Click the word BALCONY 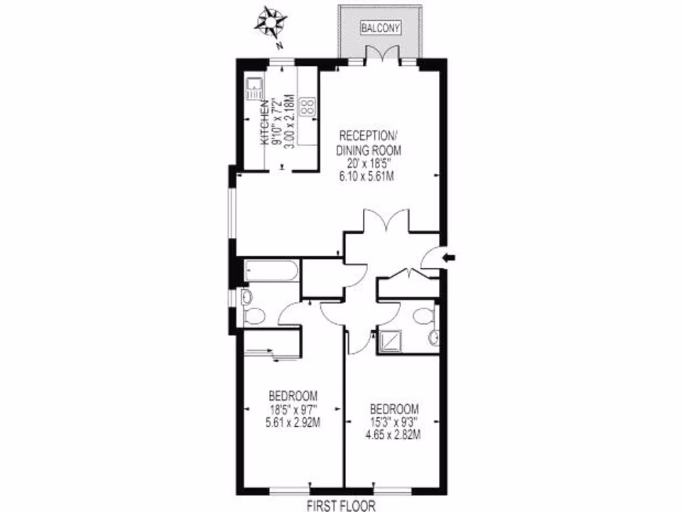coord(380,28)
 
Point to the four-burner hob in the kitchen coord(308,107)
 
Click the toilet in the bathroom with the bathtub coord(254,315)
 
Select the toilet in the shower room coord(421,316)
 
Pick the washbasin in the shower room coord(434,337)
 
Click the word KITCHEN coord(265,123)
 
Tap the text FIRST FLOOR coord(341,505)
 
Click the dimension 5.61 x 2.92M coord(293,421)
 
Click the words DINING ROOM coord(369,151)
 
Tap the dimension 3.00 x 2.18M coord(289,123)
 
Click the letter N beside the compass coord(281,45)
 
